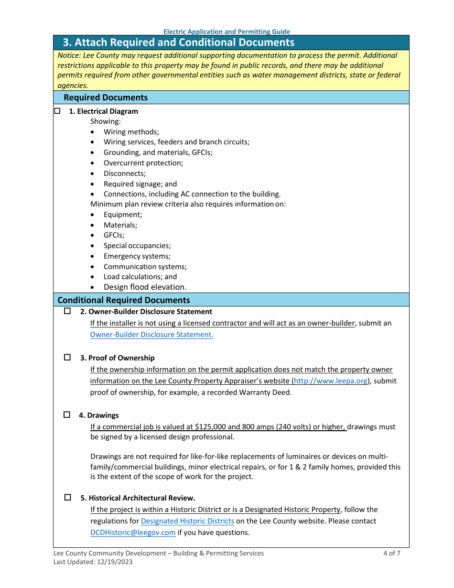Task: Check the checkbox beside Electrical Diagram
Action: click(57, 111)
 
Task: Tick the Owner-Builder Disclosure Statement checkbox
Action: click(67, 311)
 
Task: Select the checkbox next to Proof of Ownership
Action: click(67, 358)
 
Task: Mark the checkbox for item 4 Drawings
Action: click(67, 415)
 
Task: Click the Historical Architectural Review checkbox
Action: click(67, 498)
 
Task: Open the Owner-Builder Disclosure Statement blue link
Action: click(151, 335)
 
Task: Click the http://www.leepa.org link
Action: click(330, 381)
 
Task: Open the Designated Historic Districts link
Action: click(187, 521)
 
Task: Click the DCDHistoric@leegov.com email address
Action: click(133, 533)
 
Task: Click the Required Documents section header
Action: click(106, 98)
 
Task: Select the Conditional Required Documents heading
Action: click(123, 300)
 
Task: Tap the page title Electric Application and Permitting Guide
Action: click(227, 32)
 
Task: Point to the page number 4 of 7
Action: click(391, 553)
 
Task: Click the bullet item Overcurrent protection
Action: click(143, 163)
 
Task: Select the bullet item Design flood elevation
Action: click(145, 287)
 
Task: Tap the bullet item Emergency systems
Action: click(137, 256)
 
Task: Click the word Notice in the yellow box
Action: click(69, 55)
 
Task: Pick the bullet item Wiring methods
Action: click(131, 132)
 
